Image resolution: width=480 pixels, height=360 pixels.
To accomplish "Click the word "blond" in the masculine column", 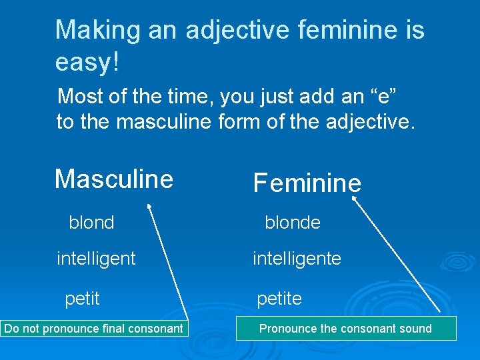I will click(x=91, y=223).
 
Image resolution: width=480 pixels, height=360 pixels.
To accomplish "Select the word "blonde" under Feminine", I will click(x=292, y=223).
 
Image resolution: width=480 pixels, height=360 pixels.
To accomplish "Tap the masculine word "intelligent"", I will click(x=96, y=258).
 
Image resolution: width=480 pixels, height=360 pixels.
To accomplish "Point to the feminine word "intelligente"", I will click(x=297, y=258).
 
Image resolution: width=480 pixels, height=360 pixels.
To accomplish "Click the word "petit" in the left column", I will click(x=82, y=299).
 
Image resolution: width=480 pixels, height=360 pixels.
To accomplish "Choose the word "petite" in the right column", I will click(x=279, y=299).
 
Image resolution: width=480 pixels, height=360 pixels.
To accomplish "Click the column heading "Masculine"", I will click(x=114, y=179).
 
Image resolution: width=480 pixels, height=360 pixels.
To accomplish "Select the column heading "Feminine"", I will click(x=307, y=183).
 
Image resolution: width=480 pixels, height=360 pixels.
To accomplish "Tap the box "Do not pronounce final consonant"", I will click(x=93, y=328).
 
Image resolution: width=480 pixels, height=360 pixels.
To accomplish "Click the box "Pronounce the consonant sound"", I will click(x=345, y=328).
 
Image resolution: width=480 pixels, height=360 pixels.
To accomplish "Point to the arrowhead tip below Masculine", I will click(x=149, y=208).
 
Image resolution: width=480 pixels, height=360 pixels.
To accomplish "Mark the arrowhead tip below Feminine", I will click(x=354, y=198).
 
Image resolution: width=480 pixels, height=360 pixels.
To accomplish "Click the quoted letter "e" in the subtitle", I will click(x=387, y=97).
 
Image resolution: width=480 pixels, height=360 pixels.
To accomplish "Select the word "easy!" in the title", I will click(x=87, y=62).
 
